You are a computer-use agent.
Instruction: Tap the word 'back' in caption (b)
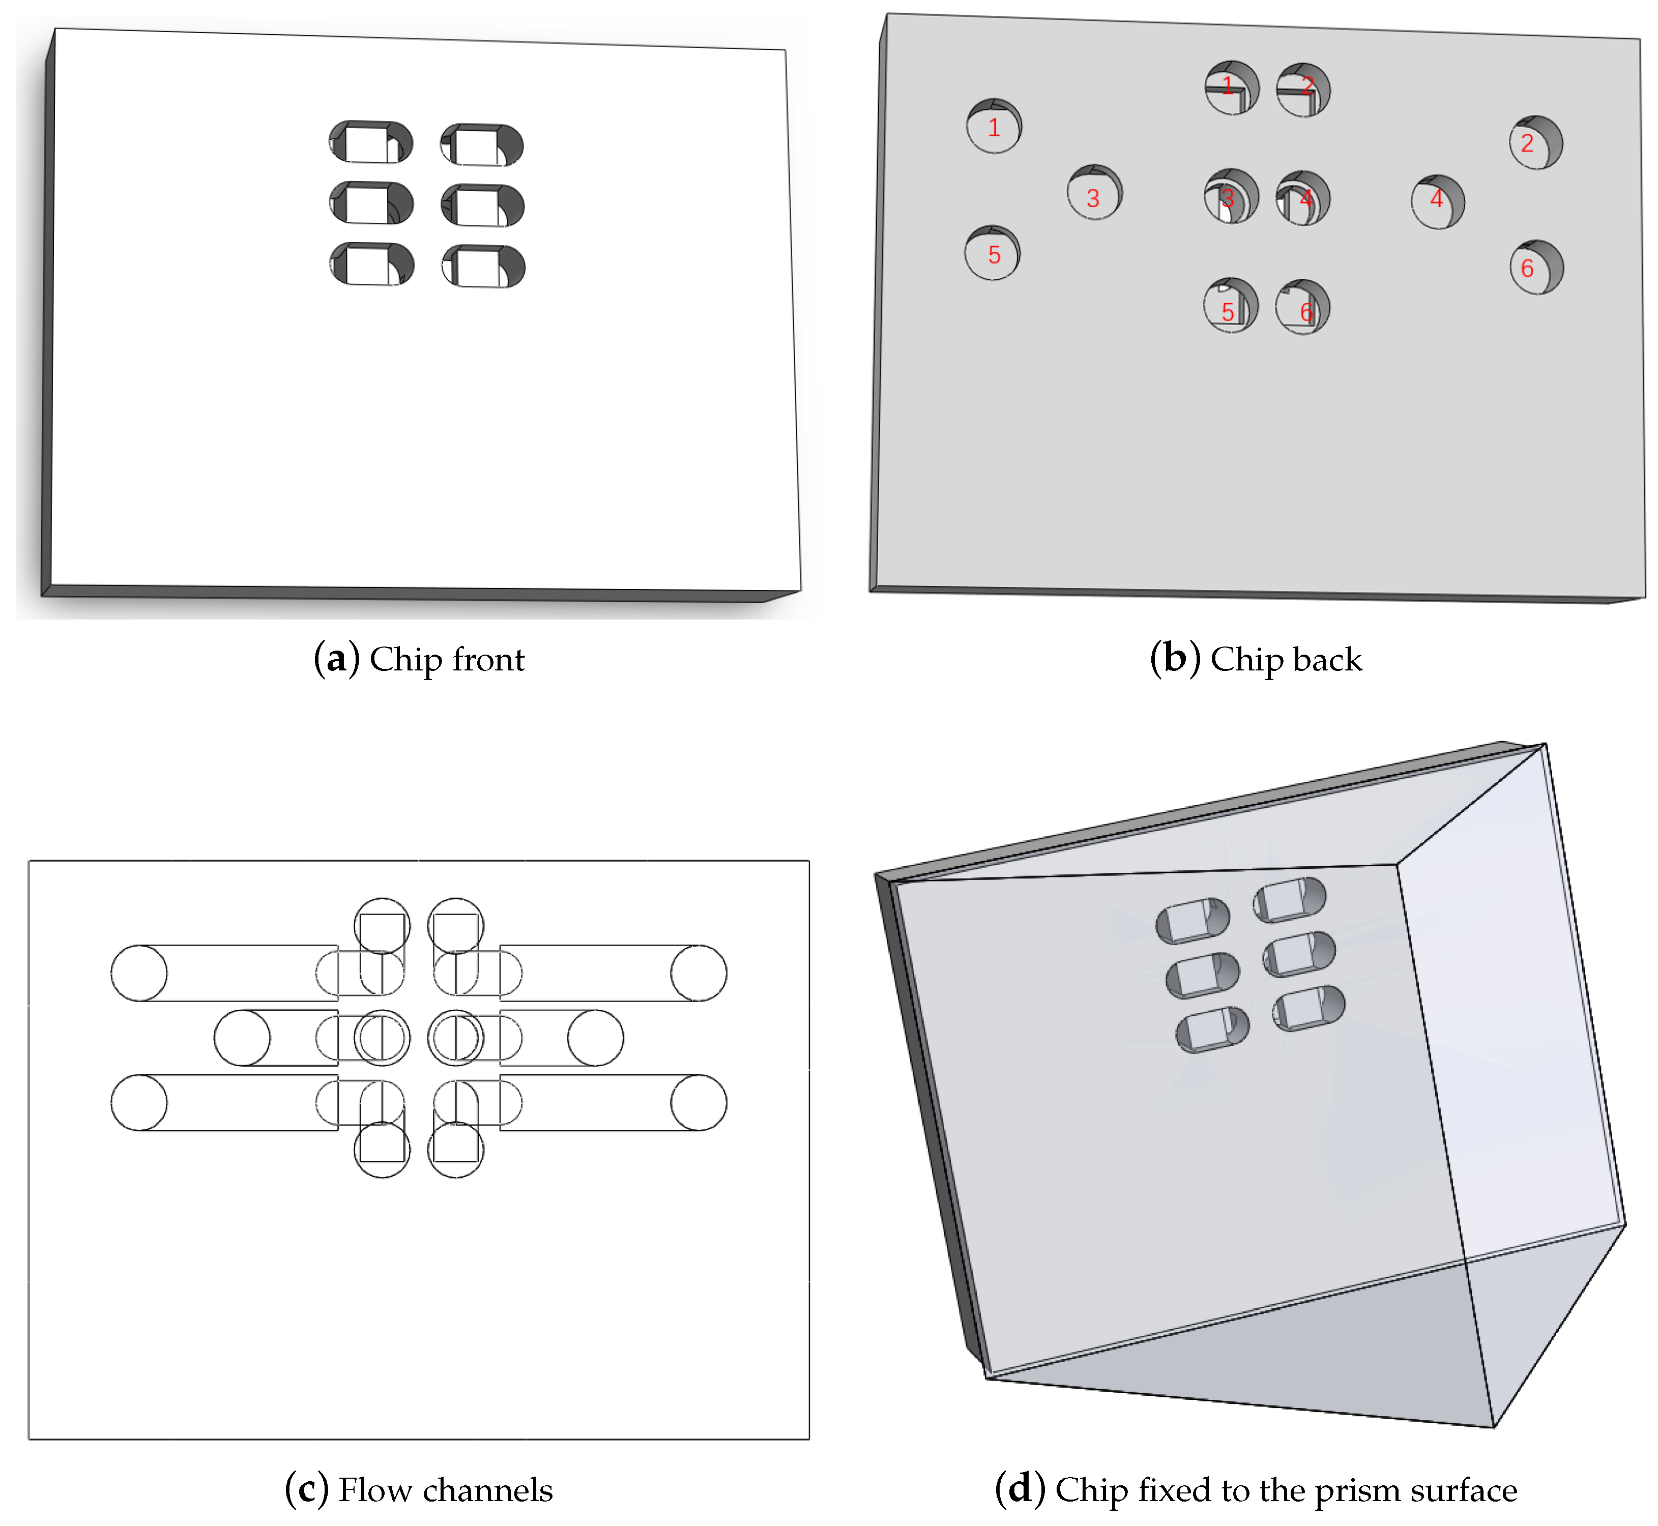coord(1327,659)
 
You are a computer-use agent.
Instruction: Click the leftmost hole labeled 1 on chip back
coord(994,126)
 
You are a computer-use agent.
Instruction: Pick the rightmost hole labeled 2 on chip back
coord(1536,142)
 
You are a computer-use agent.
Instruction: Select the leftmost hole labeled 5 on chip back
coord(993,253)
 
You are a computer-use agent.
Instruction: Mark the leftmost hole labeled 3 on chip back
coord(1095,192)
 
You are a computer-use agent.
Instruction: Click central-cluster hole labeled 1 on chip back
coord(1232,86)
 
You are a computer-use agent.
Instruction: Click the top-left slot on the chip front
coord(371,142)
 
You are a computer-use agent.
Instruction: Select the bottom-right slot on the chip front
coord(483,266)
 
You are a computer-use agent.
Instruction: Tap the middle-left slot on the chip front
coord(371,203)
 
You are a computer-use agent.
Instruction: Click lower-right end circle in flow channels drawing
coord(699,1102)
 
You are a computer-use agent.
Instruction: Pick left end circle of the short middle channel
coord(242,1038)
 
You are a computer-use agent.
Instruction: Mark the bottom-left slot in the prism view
coord(1212,1030)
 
